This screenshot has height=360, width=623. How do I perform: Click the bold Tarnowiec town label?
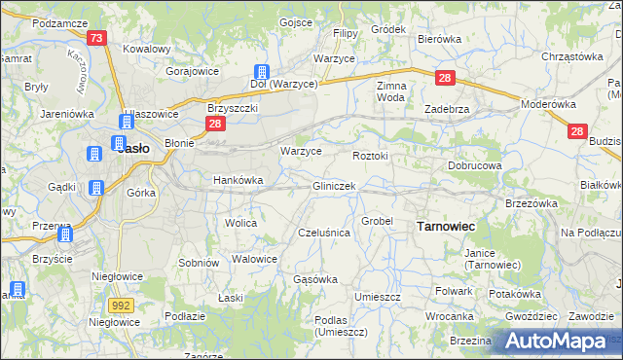(445, 226)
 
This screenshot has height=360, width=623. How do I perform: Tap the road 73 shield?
(95, 38)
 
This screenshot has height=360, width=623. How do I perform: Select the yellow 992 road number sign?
(121, 305)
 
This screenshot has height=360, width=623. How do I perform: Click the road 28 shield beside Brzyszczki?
(216, 124)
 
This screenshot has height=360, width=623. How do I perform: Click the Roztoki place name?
(370, 155)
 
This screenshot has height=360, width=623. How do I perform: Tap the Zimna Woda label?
(390, 91)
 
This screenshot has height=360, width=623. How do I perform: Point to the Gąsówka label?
(314, 279)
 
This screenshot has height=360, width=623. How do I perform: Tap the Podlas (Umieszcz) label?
(336, 325)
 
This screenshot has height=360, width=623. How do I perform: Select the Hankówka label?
(238, 180)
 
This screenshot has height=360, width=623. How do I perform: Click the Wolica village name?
(240, 223)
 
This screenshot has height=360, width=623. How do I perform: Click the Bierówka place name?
(438, 39)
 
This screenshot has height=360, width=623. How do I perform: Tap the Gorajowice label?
(192, 72)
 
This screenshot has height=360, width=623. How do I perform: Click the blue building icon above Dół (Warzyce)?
(261, 71)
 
